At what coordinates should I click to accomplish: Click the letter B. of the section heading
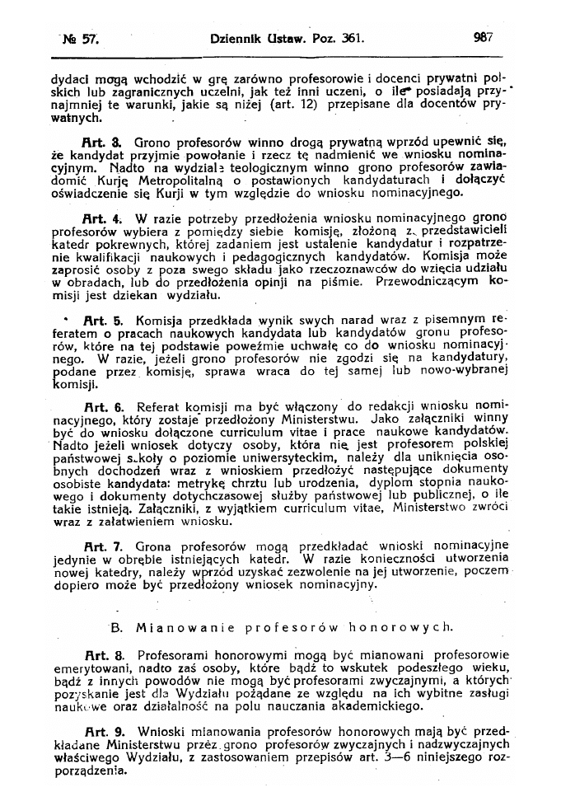click(x=116, y=628)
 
